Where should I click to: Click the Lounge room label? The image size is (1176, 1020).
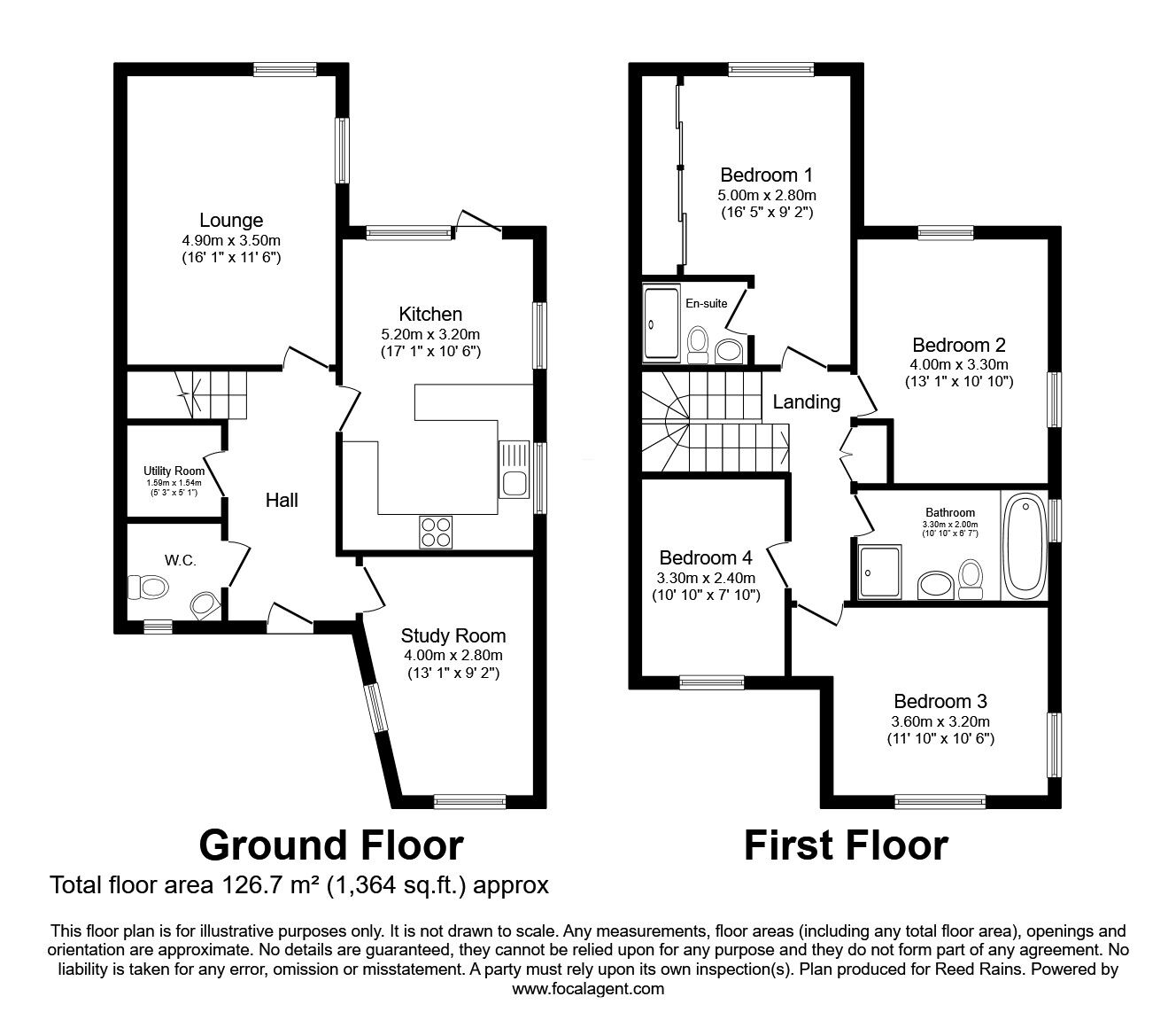(x=231, y=221)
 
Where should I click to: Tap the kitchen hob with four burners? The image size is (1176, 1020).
(x=435, y=533)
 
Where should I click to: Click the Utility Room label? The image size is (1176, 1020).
(x=174, y=471)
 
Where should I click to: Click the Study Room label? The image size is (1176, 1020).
(x=453, y=635)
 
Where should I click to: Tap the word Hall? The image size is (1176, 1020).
(x=282, y=500)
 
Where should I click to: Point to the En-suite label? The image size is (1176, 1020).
(x=707, y=303)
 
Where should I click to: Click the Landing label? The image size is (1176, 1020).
(x=807, y=401)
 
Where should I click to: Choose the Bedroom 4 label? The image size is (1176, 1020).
(x=706, y=558)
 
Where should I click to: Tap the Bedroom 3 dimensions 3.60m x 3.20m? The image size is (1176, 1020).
(x=940, y=720)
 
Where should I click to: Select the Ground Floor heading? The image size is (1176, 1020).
(x=331, y=845)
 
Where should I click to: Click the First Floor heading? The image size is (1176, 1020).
(x=846, y=845)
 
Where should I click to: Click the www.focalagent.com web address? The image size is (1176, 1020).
(x=588, y=988)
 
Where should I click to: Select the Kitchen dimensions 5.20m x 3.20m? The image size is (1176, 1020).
(x=430, y=334)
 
